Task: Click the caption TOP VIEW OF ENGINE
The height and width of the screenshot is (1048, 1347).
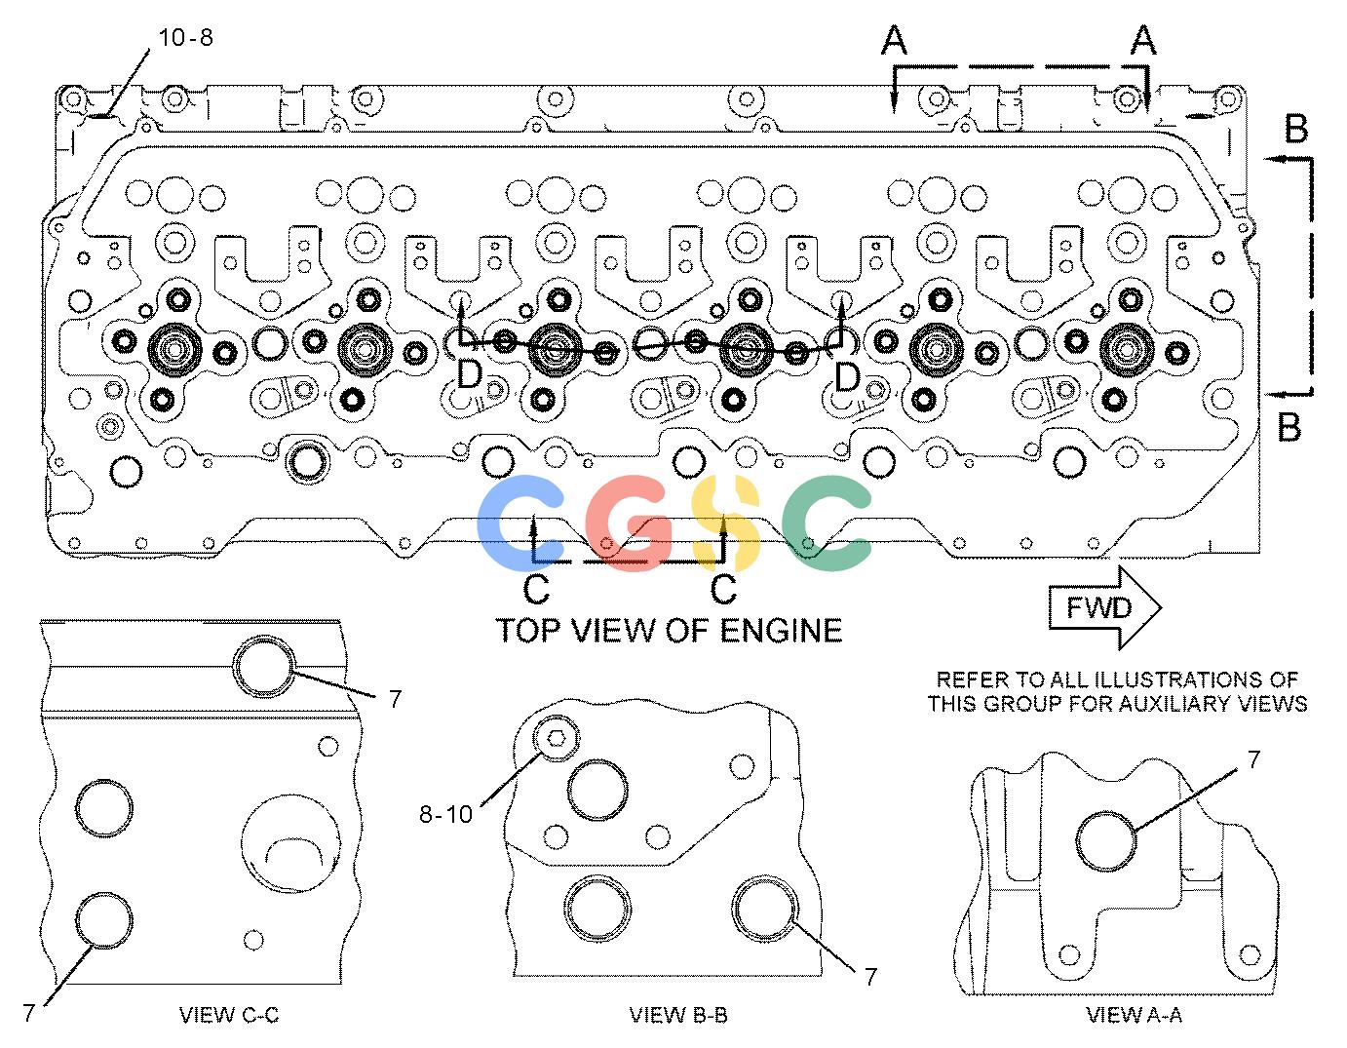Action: pos(670,631)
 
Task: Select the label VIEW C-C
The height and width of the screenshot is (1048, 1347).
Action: pos(229,1015)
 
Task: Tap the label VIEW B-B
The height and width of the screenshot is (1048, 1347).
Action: pos(678,1015)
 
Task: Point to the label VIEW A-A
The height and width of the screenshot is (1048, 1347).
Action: pos(1135,1015)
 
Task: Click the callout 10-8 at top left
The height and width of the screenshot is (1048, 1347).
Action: pos(186,37)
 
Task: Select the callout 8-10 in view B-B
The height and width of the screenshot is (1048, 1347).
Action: pos(445,814)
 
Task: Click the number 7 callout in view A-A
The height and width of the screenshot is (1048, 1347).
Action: pos(1253,759)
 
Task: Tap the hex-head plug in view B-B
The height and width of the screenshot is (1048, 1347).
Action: pos(557,738)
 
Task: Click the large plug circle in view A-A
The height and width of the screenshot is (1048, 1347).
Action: pos(1106,841)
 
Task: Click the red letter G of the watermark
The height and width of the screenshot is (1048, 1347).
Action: pos(629,523)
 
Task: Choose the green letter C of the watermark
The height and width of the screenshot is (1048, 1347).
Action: pos(827,523)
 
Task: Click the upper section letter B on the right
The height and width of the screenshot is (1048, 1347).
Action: pos(1296,129)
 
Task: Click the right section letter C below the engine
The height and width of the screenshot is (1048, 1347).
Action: pos(723,589)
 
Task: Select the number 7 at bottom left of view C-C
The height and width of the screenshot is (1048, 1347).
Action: pos(29,1012)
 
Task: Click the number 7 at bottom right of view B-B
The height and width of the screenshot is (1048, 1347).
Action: pos(871,976)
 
